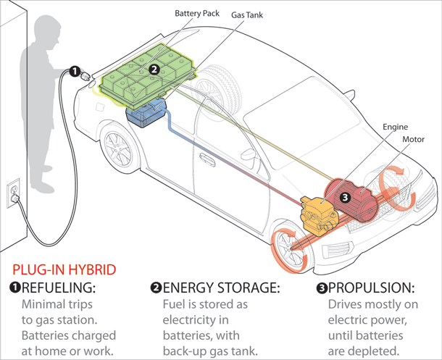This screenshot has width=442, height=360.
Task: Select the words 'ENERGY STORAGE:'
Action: pos(221,288)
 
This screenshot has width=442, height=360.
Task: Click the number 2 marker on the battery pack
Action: pos(153,70)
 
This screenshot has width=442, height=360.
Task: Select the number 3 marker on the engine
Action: pos(345,196)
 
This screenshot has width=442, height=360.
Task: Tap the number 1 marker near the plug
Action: pos(74,71)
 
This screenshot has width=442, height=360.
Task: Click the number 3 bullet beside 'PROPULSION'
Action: pos(322,288)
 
